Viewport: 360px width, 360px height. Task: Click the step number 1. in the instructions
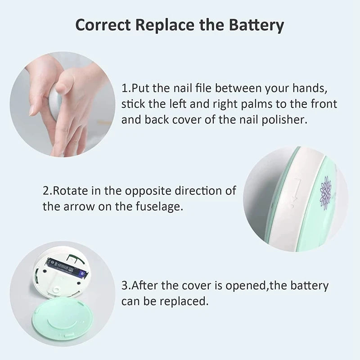pyautogui.click(x=126, y=87)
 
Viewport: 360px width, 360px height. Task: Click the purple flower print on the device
pyautogui.click(x=325, y=192)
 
